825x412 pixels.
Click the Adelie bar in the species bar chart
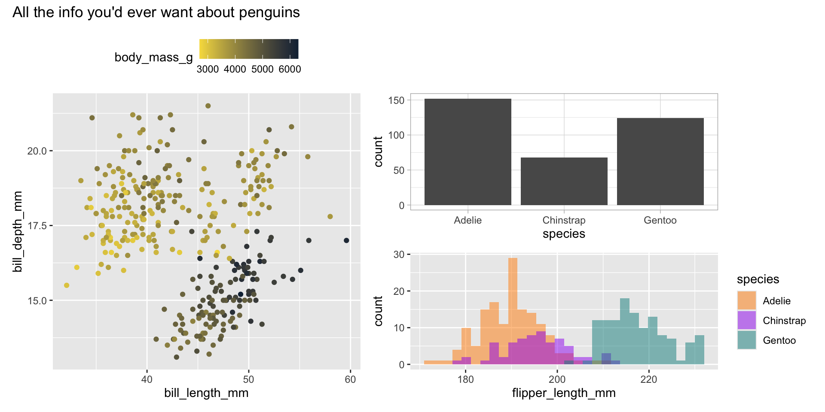(467, 152)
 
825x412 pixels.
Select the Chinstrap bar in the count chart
(564, 181)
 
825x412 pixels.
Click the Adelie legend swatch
(746, 300)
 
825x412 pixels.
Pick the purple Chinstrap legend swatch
(746, 320)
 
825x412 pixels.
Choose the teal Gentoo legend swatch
(746, 340)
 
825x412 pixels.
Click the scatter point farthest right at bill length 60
(346, 240)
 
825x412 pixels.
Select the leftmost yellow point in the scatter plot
(67, 285)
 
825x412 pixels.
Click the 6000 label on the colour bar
(290, 70)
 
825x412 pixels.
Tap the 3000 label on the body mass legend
(208, 70)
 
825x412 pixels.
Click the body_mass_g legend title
(153, 58)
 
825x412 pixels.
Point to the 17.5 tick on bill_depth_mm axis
(37, 226)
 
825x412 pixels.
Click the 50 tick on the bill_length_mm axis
(248, 379)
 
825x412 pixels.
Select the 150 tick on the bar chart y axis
(396, 100)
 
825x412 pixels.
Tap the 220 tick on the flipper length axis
(649, 380)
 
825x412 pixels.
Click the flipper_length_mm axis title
(564, 393)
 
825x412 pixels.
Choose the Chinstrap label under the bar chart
(564, 220)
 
